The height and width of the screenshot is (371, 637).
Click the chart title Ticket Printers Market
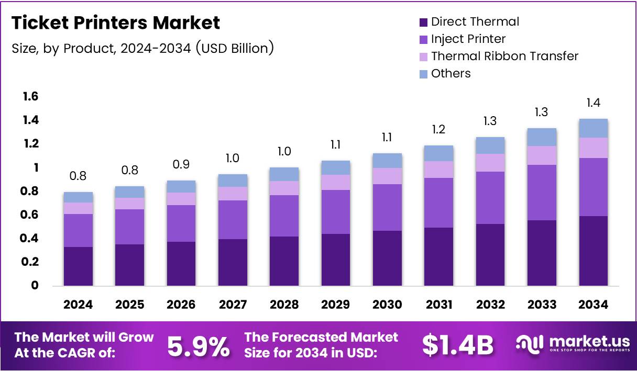115,23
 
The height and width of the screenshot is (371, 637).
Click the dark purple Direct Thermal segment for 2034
593,251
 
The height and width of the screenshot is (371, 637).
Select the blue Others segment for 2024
78,197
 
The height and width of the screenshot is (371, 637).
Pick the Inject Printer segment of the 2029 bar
336,212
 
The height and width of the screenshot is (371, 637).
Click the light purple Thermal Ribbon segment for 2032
490,163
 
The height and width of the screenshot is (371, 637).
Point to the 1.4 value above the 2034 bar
593,103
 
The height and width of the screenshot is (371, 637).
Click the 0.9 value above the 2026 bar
181,165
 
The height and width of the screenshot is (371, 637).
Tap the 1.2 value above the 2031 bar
439,129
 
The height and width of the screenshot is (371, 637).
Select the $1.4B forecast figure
458,345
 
